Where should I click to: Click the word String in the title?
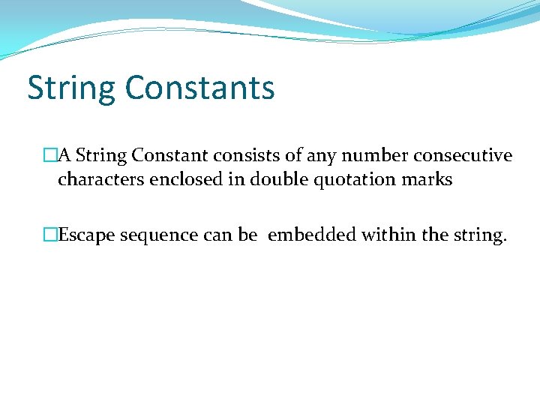[x=72, y=88]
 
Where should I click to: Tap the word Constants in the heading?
[x=200, y=87]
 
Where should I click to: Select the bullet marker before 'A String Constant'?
[x=50, y=156]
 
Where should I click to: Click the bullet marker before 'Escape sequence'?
[x=50, y=235]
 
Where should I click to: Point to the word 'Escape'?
[x=87, y=236]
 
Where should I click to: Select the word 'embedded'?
[x=311, y=235]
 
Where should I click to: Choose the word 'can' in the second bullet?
[x=218, y=236]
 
